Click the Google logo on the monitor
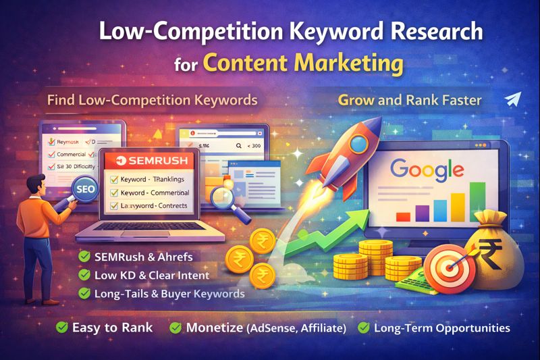click(427, 168)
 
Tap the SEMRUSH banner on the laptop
click(149, 161)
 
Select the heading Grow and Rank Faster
click(410, 101)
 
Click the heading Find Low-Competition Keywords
click(152, 101)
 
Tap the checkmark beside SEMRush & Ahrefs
click(84, 257)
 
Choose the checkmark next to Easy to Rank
click(61, 328)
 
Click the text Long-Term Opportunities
click(441, 328)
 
